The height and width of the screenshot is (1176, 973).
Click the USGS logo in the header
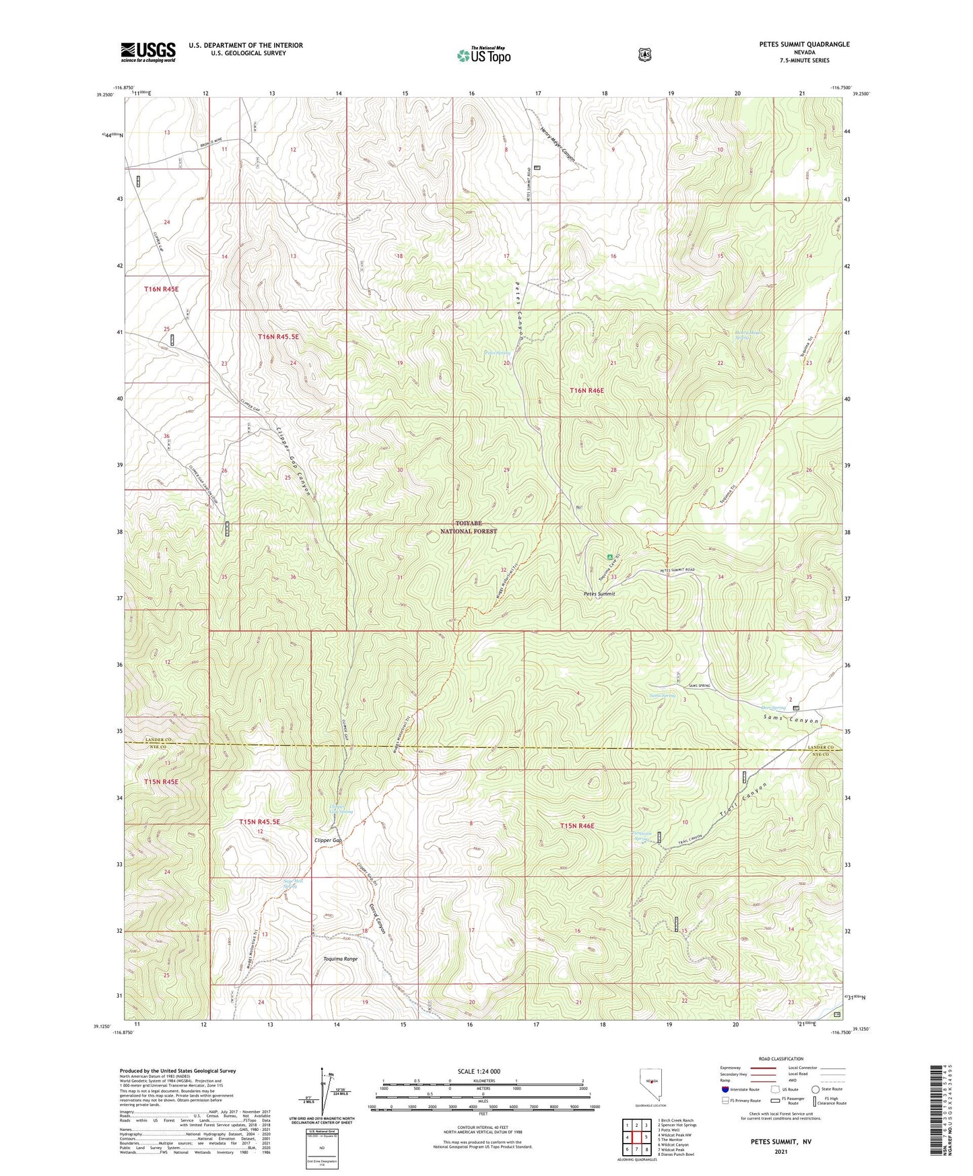[x=148, y=52]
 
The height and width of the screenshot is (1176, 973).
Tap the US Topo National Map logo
[x=483, y=55]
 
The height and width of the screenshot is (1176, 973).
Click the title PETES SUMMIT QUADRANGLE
[x=804, y=44]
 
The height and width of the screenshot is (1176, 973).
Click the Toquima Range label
[x=340, y=958]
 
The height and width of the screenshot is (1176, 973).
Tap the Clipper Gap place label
[x=328, y=841]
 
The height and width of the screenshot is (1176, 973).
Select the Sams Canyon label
[x=791, y=721]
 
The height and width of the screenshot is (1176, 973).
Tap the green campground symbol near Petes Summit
[x=610, y=557]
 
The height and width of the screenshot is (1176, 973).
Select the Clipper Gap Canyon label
[x=294, y=461]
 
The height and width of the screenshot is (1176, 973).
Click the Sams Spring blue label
[x=662, y=696]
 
